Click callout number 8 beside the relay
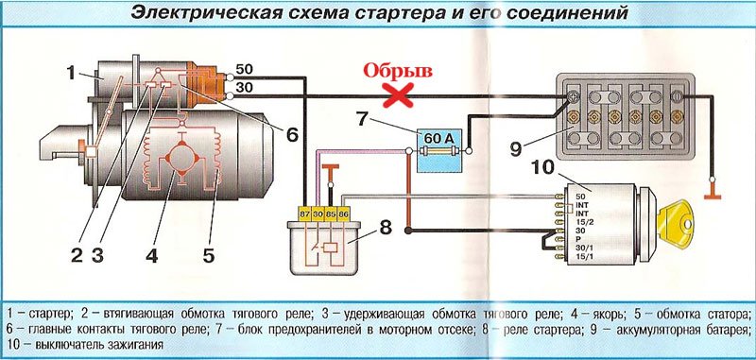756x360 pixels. (x=385, y=227)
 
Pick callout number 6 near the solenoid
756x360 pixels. (x=292, y=134)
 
